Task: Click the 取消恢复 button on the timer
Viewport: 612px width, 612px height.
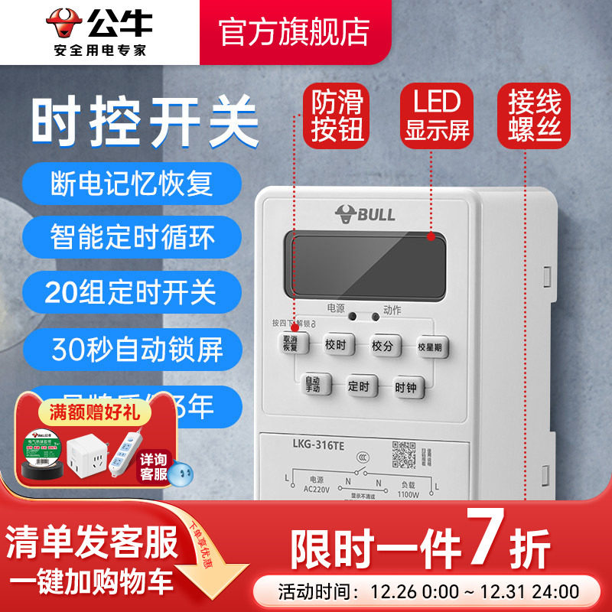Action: point(291,343)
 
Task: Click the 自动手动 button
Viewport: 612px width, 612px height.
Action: point(312,385)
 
